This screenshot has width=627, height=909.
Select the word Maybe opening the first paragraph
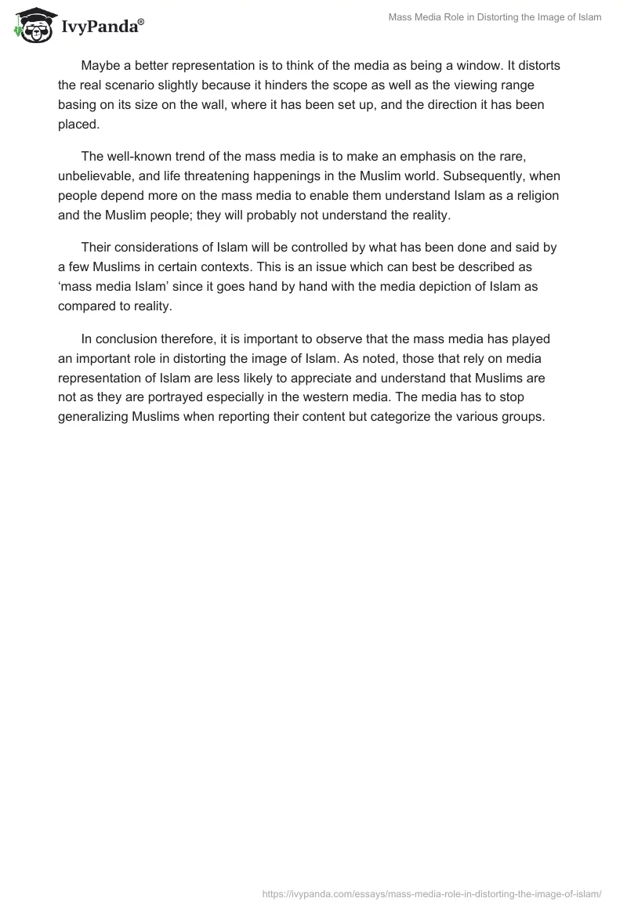tap(100, 65)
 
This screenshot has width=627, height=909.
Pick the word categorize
tap(422, 417)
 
